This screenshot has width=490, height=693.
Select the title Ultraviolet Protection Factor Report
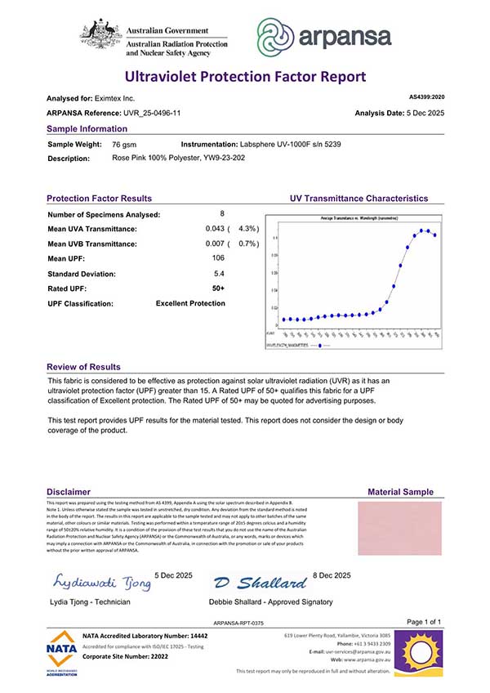[244, 77]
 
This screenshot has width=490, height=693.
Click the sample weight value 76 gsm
[124, 144]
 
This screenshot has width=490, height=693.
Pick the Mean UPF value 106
[219, 259]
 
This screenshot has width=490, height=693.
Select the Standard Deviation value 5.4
[219, 274]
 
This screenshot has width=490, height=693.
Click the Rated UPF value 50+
[219, 288]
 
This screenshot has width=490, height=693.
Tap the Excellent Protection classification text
[190, 304]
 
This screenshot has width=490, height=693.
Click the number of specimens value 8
[221, 214]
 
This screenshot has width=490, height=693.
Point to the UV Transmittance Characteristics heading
[359, 199]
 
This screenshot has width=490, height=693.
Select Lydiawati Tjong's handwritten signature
[102, 582]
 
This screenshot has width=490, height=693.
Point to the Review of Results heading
[83, 367]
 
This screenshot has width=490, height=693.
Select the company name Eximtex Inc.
[118, 98]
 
